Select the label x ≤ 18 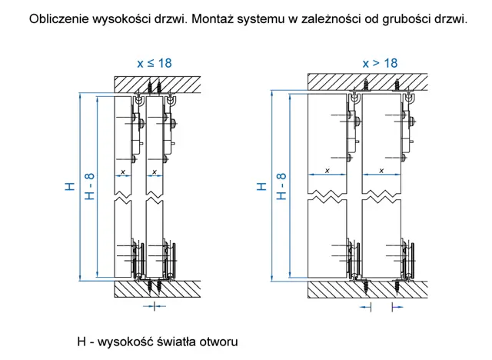coord(155,63)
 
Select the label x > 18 coord(380,63)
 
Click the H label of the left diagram coord(70,186)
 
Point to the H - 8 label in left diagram coord(89,186)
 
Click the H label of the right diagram coord(261,186)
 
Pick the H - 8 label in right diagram coord(281,186)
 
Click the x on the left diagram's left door coord(123,172)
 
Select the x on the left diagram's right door coord(154,172)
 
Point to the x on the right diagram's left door coord(327,171)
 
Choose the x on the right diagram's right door coord(381,171)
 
